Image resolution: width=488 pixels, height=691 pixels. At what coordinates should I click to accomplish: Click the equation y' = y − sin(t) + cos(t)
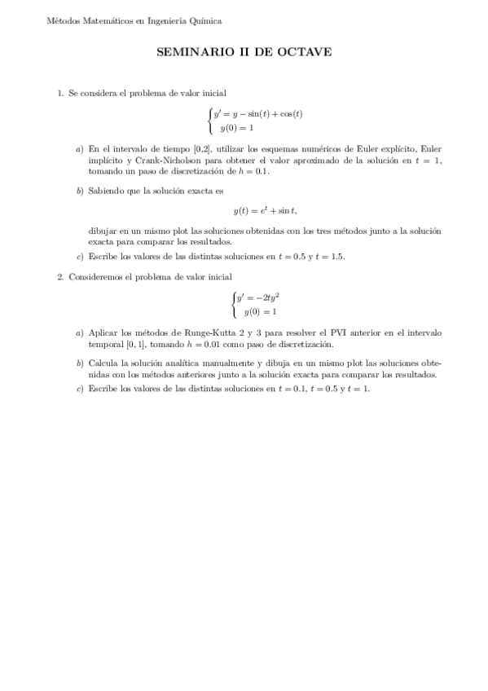click(x=257, y=114)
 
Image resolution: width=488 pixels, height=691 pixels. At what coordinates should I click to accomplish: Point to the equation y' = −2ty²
click(x=257, y=298)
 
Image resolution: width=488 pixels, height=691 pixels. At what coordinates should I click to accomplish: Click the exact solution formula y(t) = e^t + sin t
click(x=265, y=211)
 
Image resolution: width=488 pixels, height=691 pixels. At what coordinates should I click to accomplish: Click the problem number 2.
click(x=60, y=277)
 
